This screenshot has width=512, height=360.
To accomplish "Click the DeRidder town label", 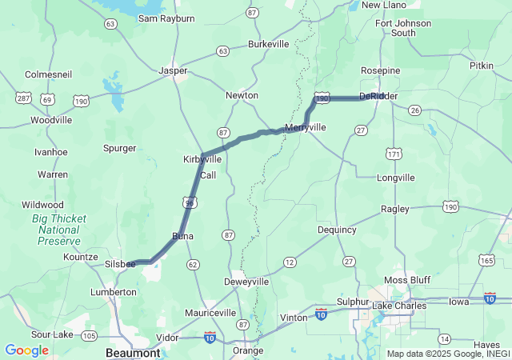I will pos(378,96).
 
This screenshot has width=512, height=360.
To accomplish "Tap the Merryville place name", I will pos(306,127).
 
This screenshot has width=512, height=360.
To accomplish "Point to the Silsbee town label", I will pos(120,263).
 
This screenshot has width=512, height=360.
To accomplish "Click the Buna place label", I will pos(183,236).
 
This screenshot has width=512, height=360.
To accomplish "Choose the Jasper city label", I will pos(173,70).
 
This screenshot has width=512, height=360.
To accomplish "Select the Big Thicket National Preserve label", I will pos(58,230).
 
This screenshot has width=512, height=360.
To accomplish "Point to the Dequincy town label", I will pos(337,230).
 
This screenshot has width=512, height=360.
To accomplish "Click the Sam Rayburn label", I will pos(166,18).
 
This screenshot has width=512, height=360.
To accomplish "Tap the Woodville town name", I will pos(51,120).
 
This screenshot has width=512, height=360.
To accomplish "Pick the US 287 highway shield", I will pos(23,98).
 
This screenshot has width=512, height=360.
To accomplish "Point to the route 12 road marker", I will pos(290,262).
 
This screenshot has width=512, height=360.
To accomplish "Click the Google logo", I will pos(26,350).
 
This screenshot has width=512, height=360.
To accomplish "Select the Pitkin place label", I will pos(482,66).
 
